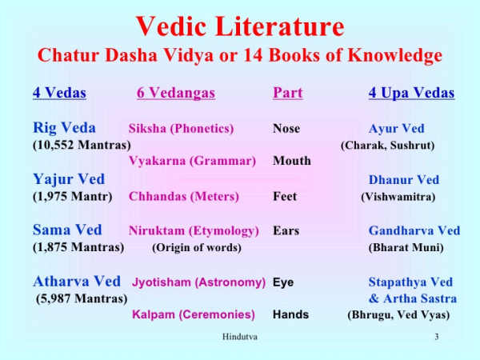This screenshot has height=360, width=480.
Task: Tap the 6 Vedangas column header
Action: tap(176, 94)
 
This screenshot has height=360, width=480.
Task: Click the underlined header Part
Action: tap(287, 94)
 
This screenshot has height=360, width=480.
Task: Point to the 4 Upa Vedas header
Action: tap(411, 94)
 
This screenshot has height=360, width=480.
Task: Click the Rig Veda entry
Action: tap(64, 128)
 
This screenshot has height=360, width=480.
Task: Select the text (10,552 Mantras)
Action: tap(82, 145)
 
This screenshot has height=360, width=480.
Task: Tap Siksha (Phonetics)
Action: tap(181, 129)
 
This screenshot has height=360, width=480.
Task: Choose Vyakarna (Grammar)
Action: tap(192, 161)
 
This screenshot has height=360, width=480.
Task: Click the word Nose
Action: tap(286, 129)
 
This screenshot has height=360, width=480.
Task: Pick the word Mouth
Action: tap(291, 161)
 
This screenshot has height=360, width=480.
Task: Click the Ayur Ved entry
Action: tap(396, 129)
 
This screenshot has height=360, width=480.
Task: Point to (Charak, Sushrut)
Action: tap(387, 146)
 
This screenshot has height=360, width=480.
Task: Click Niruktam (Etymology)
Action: tap(194, 231)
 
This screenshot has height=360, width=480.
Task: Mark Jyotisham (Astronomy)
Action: tap(198, 282)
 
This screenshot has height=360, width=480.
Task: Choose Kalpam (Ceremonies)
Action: tap(194, 314)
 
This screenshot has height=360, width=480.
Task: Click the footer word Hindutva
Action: tap(239, 337)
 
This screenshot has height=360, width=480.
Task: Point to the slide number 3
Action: tap(437, 337)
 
